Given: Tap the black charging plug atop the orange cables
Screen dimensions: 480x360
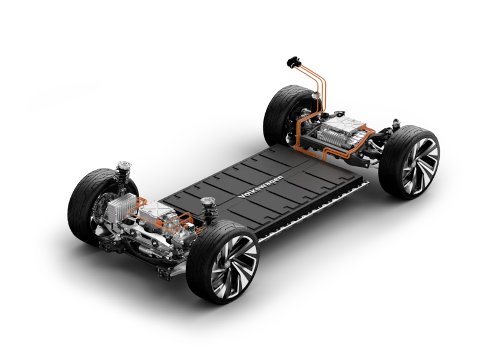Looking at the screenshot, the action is click(x=293, y=62).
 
